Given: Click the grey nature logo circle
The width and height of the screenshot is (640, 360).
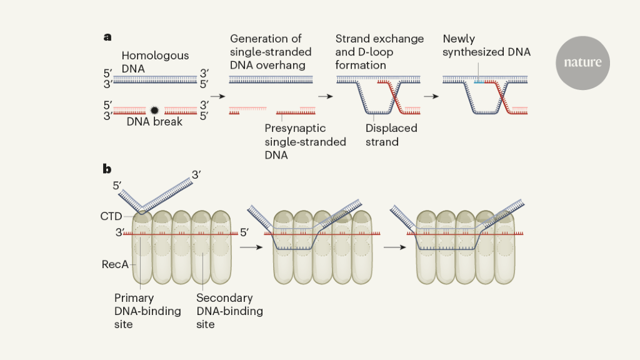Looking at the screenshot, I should tap(582, 62).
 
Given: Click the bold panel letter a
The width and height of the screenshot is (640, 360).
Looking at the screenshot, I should tap(107, 37).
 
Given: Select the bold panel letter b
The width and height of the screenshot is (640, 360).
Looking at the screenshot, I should tap(107, 169).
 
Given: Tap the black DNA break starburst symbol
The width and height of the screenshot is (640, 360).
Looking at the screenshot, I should tap(154, 110).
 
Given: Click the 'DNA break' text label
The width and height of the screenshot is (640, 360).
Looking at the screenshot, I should tap(154, 122).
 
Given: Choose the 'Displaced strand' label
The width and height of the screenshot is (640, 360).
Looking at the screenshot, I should tap(391, 135).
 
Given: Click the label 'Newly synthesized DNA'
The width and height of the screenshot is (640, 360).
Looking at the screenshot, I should tap(486, 46).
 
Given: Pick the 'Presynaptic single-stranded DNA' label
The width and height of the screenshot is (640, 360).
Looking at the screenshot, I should tap(305, 142).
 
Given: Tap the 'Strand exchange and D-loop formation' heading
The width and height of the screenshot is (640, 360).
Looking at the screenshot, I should tap(379, 52).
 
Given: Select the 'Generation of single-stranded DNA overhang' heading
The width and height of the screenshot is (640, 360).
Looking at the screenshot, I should tap(271, 52).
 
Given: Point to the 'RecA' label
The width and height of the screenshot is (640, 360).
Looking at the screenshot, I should tap(115, 264).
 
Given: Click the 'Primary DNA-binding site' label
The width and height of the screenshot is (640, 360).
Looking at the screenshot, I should tap(147, 311).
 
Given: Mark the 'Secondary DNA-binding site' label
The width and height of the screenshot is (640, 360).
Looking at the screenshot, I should tap(229, 311).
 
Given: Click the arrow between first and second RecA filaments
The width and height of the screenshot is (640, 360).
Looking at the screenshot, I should tap(249, 247).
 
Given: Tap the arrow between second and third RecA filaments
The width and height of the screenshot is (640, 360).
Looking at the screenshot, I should tap(392, 247).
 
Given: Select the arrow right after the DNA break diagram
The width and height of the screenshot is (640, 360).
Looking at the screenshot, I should tap(217, 97).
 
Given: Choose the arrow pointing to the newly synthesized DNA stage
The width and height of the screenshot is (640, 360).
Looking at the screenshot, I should tap(431, 97).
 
